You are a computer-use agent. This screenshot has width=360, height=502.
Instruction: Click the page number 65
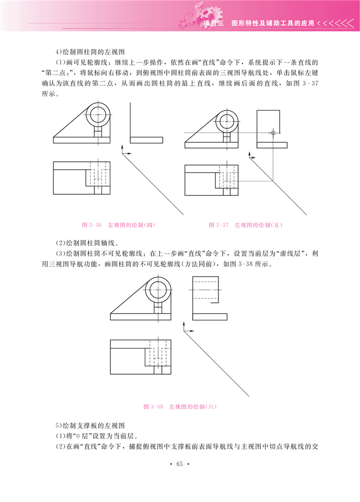[x=180, y=464]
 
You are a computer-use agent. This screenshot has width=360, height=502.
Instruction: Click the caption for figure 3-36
[x=119, y=225]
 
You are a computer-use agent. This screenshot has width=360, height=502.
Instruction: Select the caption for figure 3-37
[x=246, y=225]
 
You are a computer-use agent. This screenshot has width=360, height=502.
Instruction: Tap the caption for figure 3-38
[x=180, y=407]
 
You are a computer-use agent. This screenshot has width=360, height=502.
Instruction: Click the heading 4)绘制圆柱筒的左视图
[x=90, y=52]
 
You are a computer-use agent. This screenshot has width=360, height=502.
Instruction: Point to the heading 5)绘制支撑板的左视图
[x=90, y=426]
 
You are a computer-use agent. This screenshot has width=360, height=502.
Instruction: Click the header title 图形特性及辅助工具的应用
[x=273, y=23]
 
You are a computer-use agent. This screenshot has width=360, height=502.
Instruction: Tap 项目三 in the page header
[x=214, y=23]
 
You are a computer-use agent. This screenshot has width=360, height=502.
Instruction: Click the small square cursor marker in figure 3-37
[x=273, y=132]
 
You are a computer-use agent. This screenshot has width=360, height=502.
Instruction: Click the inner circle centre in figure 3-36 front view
[x=97, y=114]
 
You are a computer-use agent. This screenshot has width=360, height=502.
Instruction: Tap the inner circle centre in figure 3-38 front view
[x=158, y=290]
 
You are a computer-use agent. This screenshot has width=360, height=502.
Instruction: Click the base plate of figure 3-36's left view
[x=146, y=140]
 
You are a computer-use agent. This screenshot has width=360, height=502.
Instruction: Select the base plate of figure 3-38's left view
[x=210, y=317]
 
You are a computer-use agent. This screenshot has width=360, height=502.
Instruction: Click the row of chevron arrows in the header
[x=336, y=23]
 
